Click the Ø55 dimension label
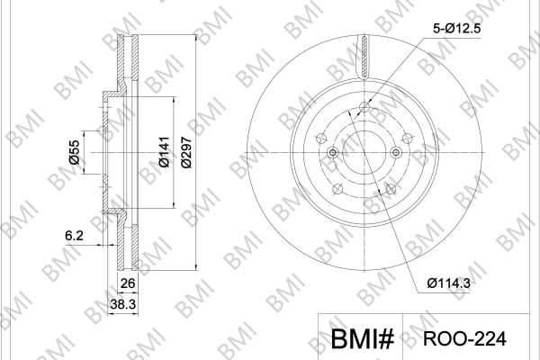point(74,152)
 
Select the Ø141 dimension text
point(165,152)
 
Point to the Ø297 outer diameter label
point(186,152)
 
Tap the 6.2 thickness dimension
point(74,236)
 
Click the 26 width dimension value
point(128,283)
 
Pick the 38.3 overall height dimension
point(123,304)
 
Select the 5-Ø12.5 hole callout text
point(456,29)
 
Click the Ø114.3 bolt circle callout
point(448,283)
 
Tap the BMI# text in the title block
point(362,339)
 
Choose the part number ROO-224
point(464,338)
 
